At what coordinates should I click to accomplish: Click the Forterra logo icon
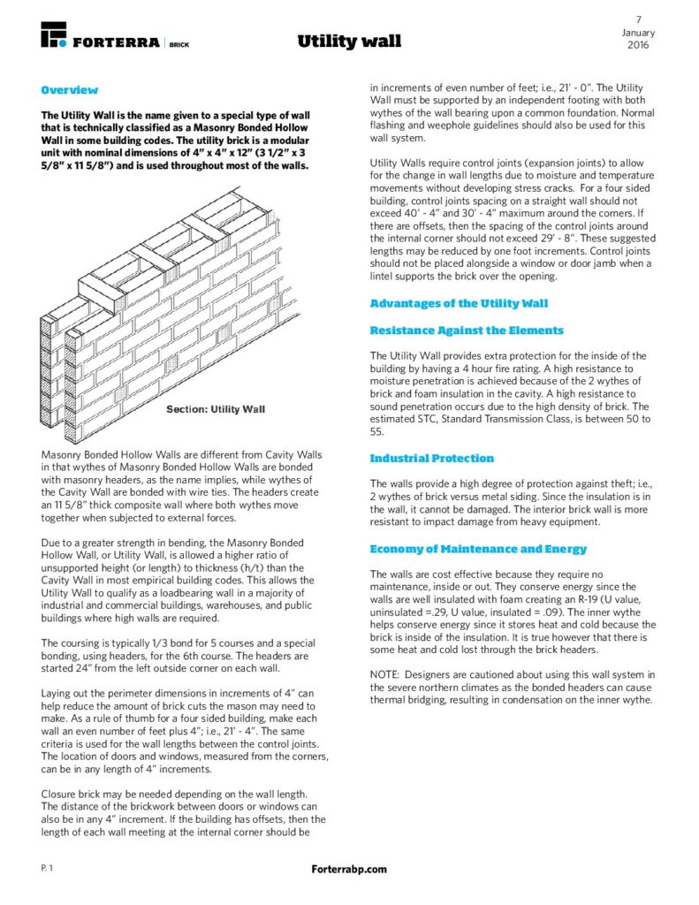[x=54, y=35]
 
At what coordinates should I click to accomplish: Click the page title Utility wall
[x=349, y=42]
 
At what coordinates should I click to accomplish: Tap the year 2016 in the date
[x=638, y=45]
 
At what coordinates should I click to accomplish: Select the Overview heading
[x=70, y=90]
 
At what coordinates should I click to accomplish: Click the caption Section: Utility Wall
[x=216, y=409]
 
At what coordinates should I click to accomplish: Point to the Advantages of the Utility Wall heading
[x=459, y=303]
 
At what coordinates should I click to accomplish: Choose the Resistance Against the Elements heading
[x=466, y=330]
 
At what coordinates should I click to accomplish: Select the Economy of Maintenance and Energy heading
[x=478, y=549]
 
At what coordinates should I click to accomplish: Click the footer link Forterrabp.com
[x=349, y=869]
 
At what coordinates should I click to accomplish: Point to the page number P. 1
[x=48, y=869]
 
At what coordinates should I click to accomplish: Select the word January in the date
[x=638, y=33]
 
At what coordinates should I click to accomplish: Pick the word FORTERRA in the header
[x=117, y=42]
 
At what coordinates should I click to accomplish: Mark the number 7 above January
[x=638, y=19]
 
